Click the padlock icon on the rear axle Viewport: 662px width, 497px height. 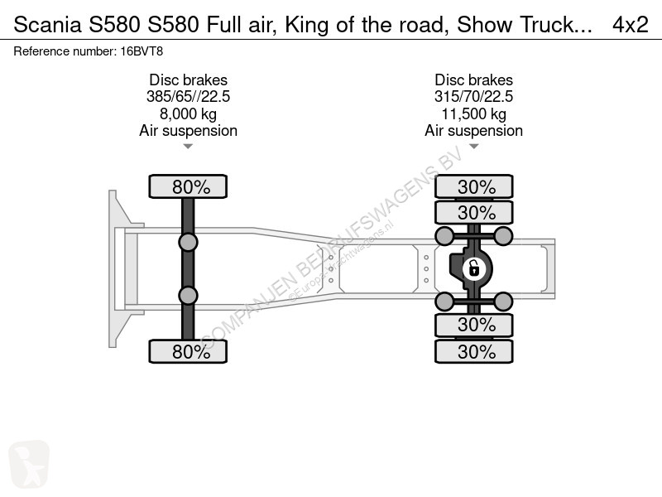(x=473, y=268)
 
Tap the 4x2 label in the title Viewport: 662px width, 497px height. (x=630, y=25)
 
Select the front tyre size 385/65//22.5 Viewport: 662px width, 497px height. (x=189, y=97)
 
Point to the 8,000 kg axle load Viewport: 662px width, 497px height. (x=189, y=113)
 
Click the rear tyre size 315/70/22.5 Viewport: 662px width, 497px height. (x=474, y=97)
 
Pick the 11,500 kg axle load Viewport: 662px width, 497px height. (x=474, y=113)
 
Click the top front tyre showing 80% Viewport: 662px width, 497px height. (x=189, y=186)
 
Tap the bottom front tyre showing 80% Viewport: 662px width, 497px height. (x=189, y=351)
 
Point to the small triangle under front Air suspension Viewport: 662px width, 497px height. (x=189, y=147)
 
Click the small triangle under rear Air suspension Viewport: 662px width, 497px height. (x=474, y=147)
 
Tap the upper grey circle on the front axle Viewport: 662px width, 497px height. (x=189, y=242)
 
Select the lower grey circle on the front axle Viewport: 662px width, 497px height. (x=189, y=295)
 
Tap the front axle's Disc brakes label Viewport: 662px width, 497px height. (x=189, y=80)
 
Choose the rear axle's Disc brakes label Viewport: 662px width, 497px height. (x=474, y=80)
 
